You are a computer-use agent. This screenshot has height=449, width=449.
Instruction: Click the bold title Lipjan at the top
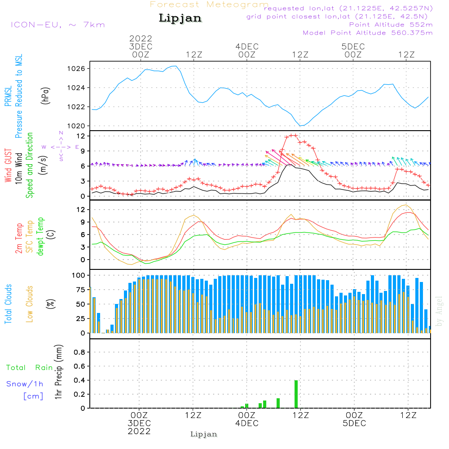coord(180,18)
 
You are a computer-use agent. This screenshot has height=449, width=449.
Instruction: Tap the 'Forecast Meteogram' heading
coord(209,4)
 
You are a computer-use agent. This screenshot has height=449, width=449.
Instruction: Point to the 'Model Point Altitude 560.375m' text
coord(368,33)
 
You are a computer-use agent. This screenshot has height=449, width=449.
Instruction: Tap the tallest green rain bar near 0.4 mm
coord(296,394)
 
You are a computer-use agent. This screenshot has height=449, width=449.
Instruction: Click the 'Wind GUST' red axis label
coord(8,166)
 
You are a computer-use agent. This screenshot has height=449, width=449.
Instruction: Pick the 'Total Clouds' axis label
coord(8,304)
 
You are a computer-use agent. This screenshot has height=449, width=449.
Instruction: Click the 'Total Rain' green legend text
coord(30,368)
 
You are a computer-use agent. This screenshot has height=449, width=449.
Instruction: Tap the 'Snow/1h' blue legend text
coord(25,384)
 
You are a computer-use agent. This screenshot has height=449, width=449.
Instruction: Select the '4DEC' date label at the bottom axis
coord(247,423)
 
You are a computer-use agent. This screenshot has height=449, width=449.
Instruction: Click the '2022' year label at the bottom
coord(139,431)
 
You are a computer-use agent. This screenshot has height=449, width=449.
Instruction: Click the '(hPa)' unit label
coord(45,96)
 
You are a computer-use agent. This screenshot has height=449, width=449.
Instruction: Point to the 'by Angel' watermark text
coord(440,311)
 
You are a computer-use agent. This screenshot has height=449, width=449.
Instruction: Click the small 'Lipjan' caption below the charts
coord(203,434)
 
